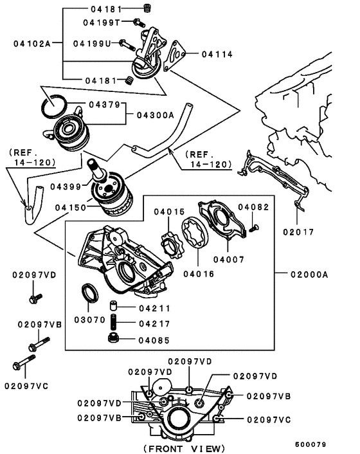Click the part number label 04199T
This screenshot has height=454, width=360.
coord(102,23)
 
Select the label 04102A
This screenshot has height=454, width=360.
coord(31,44)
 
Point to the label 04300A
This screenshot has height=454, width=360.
coord(156,115)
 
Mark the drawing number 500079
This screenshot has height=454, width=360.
coord(311,444)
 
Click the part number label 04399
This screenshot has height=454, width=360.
coord(71,186)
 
